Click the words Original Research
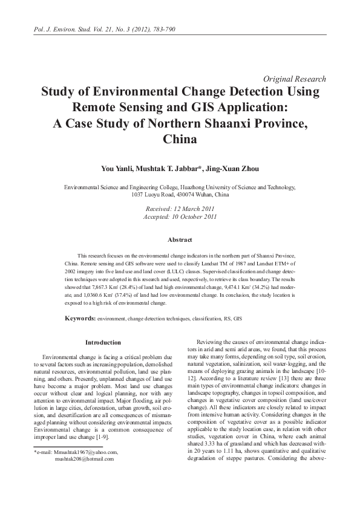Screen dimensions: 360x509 (295, 79)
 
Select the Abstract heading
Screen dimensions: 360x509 (180, 240)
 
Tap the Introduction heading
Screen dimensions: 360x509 (103, 343)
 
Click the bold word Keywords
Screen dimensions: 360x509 (80, 318)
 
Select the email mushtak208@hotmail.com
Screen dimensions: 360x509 (84, 459)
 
